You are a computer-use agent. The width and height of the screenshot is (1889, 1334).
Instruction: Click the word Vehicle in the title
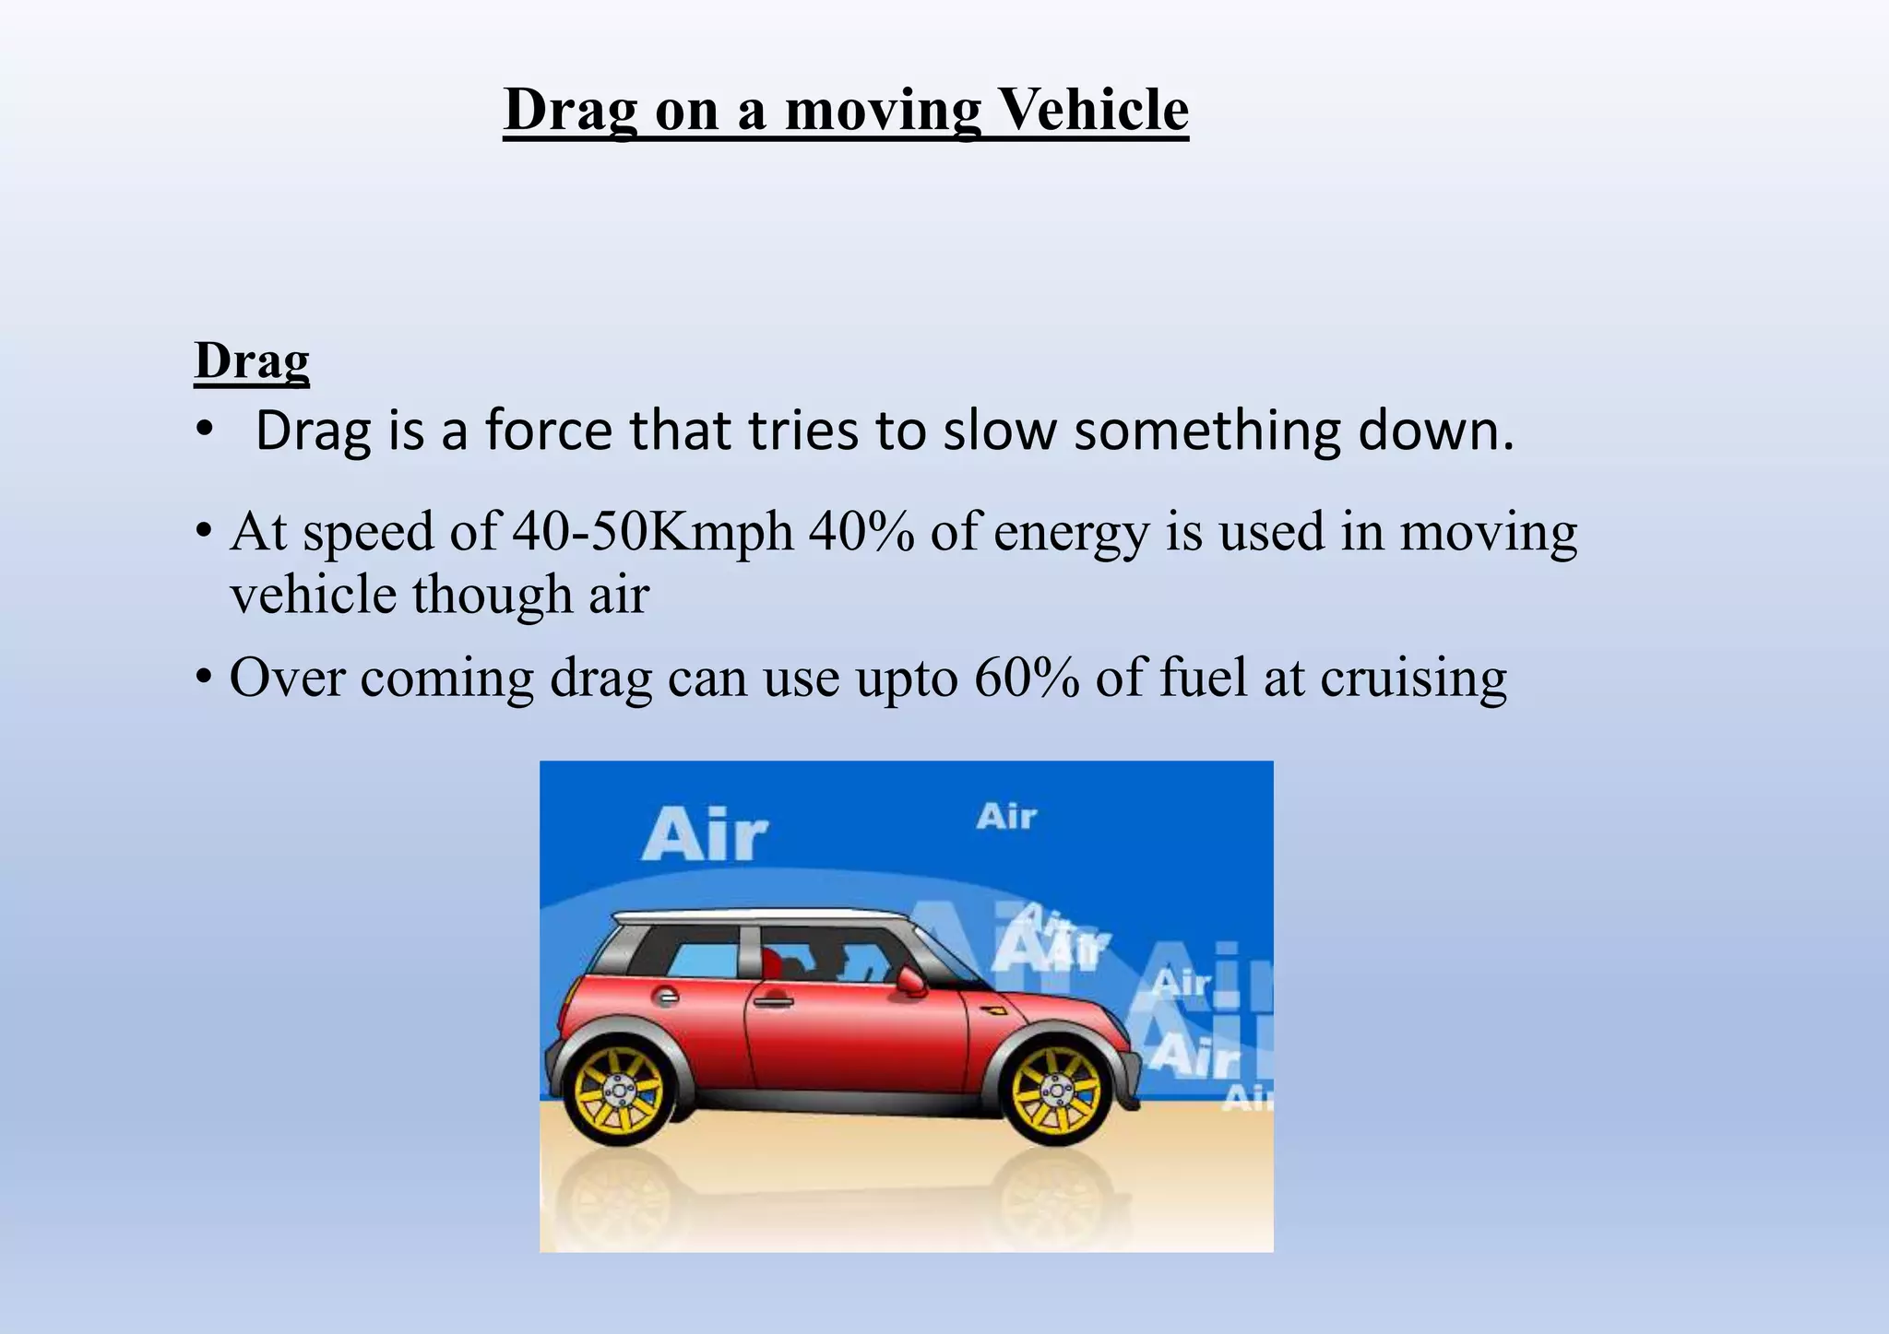point(1094,110)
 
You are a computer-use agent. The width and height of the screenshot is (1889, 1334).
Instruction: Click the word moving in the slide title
point(883,110)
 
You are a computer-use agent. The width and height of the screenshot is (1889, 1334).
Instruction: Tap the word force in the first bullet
point(549,431)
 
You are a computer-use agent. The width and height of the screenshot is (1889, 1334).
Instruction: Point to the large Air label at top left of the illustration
point(705,835)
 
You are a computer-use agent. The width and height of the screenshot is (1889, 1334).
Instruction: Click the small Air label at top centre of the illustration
point(1006,817)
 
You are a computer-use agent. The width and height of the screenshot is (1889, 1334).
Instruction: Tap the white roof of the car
point(756,916)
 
